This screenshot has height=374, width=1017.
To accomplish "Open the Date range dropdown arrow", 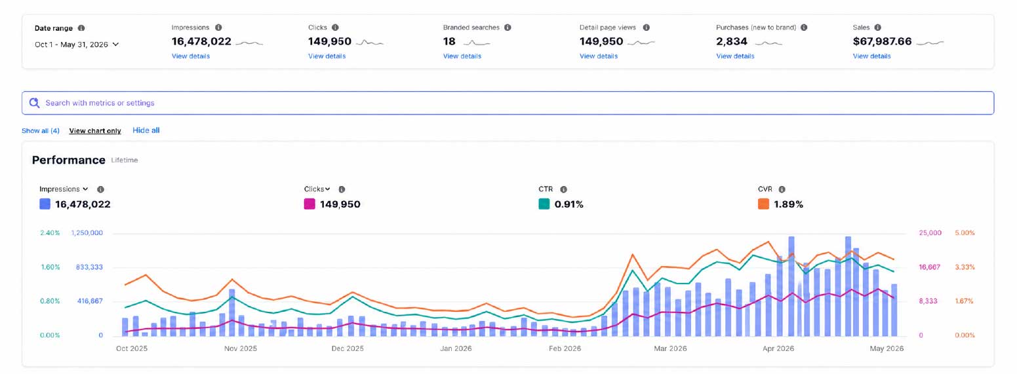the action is click(116, 45).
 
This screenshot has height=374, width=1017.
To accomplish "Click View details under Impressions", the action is click(191, 56).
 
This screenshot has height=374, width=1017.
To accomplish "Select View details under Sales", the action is click(871, 56).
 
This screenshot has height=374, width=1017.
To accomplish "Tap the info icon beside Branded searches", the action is click(508, 28).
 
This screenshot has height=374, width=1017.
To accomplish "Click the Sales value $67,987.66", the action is click(882, 41).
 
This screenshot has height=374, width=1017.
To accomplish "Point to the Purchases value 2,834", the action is click(731, 41).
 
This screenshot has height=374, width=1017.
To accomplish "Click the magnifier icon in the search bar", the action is click(35, 103).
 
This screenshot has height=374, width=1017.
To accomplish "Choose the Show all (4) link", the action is click(41, 130).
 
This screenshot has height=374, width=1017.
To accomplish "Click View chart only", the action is click(95, 130).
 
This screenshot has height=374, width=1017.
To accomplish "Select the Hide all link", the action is click(146, 130).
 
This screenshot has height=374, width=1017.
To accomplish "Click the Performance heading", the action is click(69, 160).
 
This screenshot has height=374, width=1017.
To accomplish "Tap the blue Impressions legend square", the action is click(45, 204).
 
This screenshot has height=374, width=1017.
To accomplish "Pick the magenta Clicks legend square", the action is click(309, 204).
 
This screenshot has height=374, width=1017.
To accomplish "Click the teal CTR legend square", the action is click(544, 204).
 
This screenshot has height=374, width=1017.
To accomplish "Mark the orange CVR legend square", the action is click(764, 204).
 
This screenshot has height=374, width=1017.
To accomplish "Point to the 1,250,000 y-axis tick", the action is click(87, 233).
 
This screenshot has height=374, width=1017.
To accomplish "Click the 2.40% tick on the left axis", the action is click(50, 233).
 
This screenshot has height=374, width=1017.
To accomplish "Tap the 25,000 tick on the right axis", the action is click(930, 233).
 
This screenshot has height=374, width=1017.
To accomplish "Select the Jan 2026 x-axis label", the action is click(456, 348).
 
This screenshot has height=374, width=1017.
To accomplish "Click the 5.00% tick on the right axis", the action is click(965, 233).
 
